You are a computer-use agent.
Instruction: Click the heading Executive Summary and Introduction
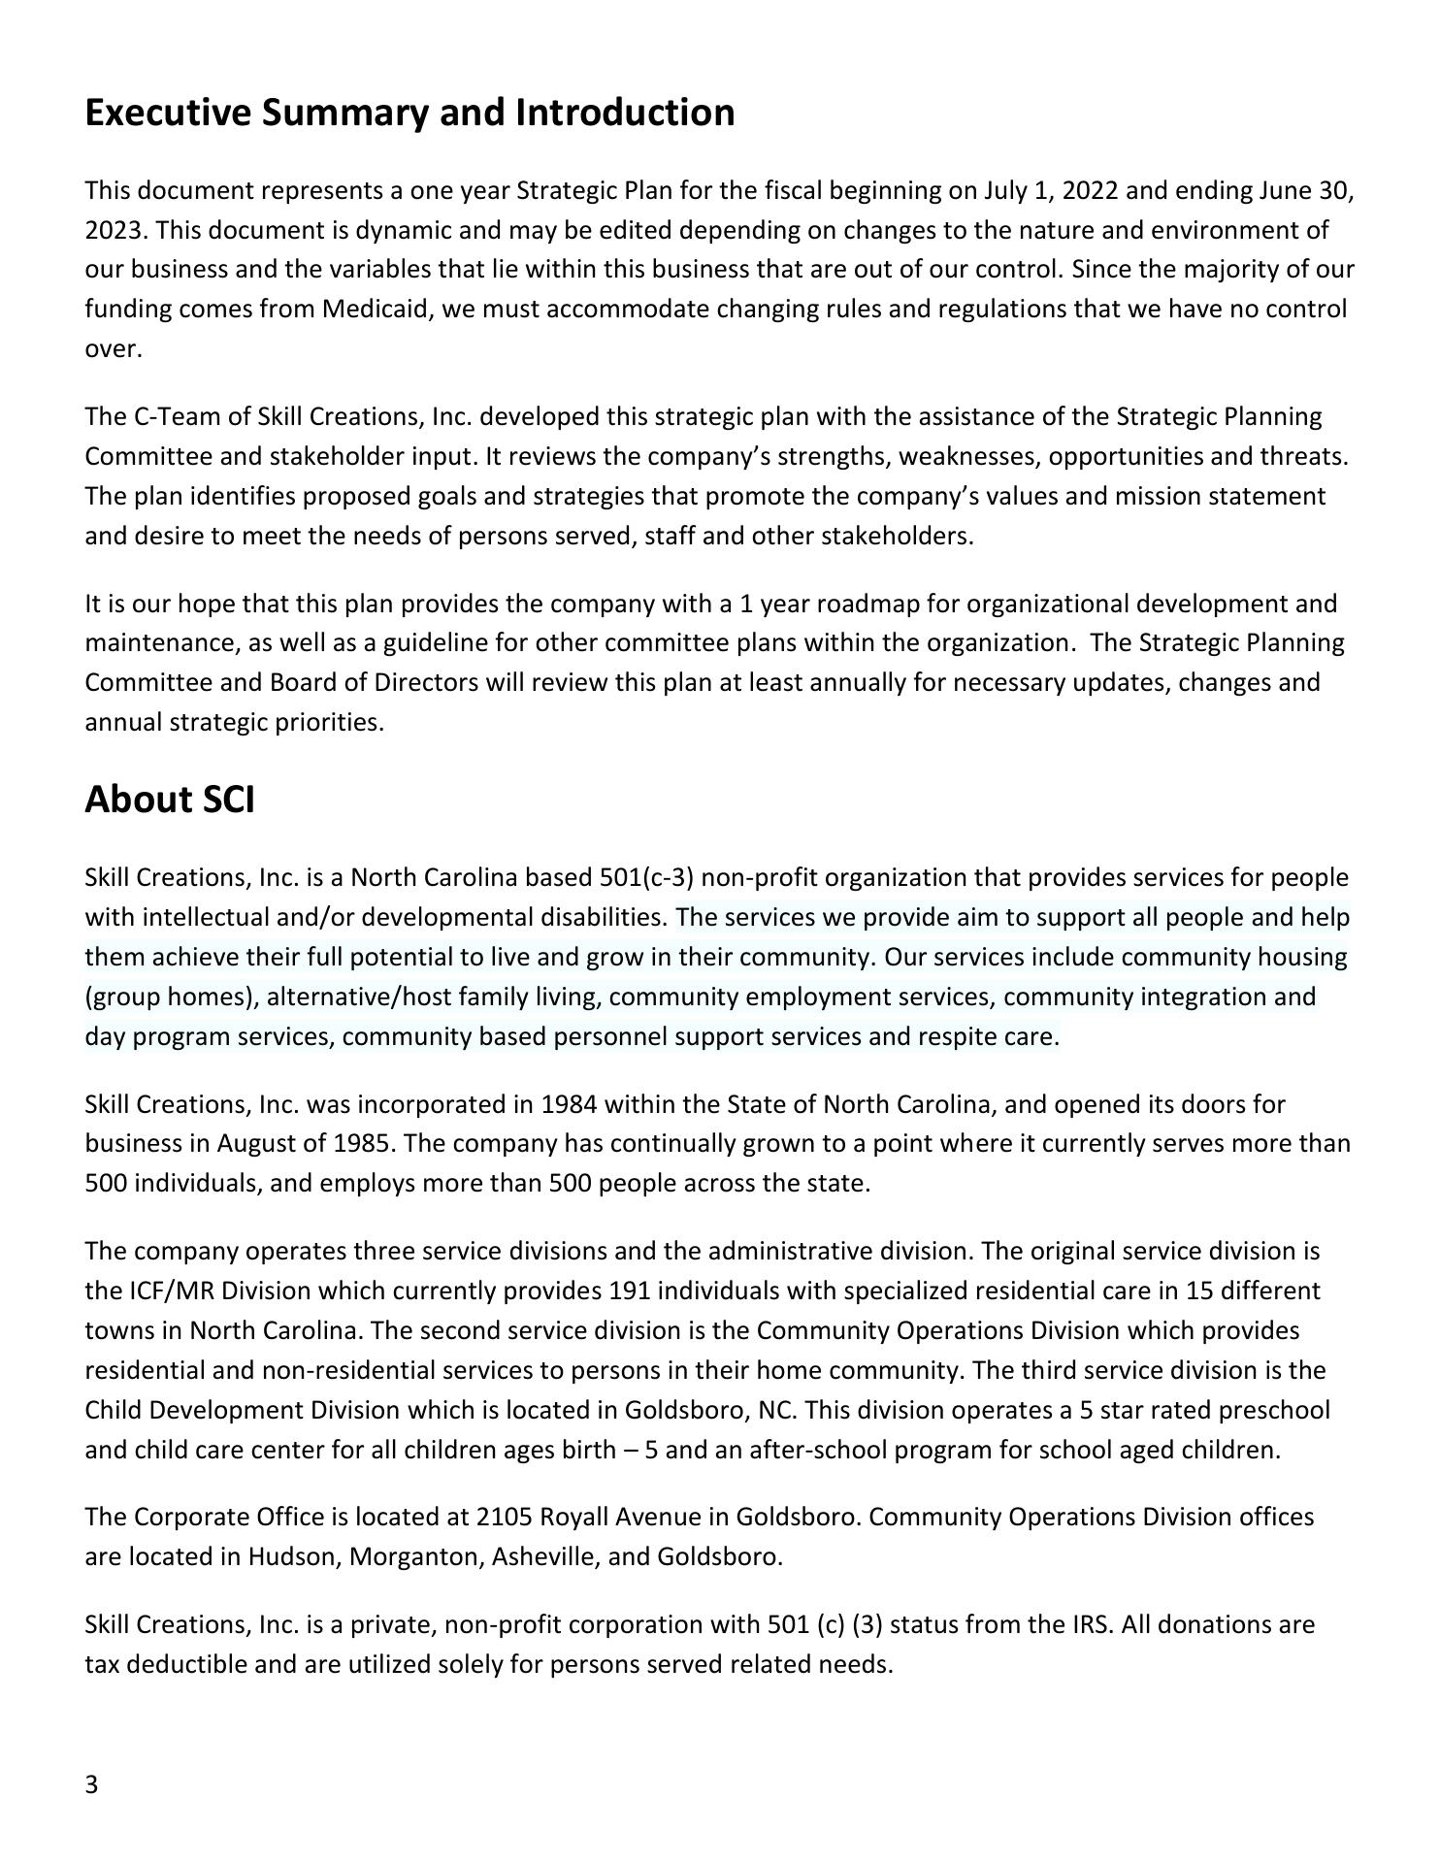point(409,113)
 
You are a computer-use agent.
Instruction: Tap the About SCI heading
point(170,800)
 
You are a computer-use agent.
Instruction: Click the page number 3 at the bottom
point(92,1785)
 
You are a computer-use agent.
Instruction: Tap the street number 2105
point(504,1517)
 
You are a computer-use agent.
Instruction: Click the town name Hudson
point(294,1556)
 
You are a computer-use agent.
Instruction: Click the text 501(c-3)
point(647,878)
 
